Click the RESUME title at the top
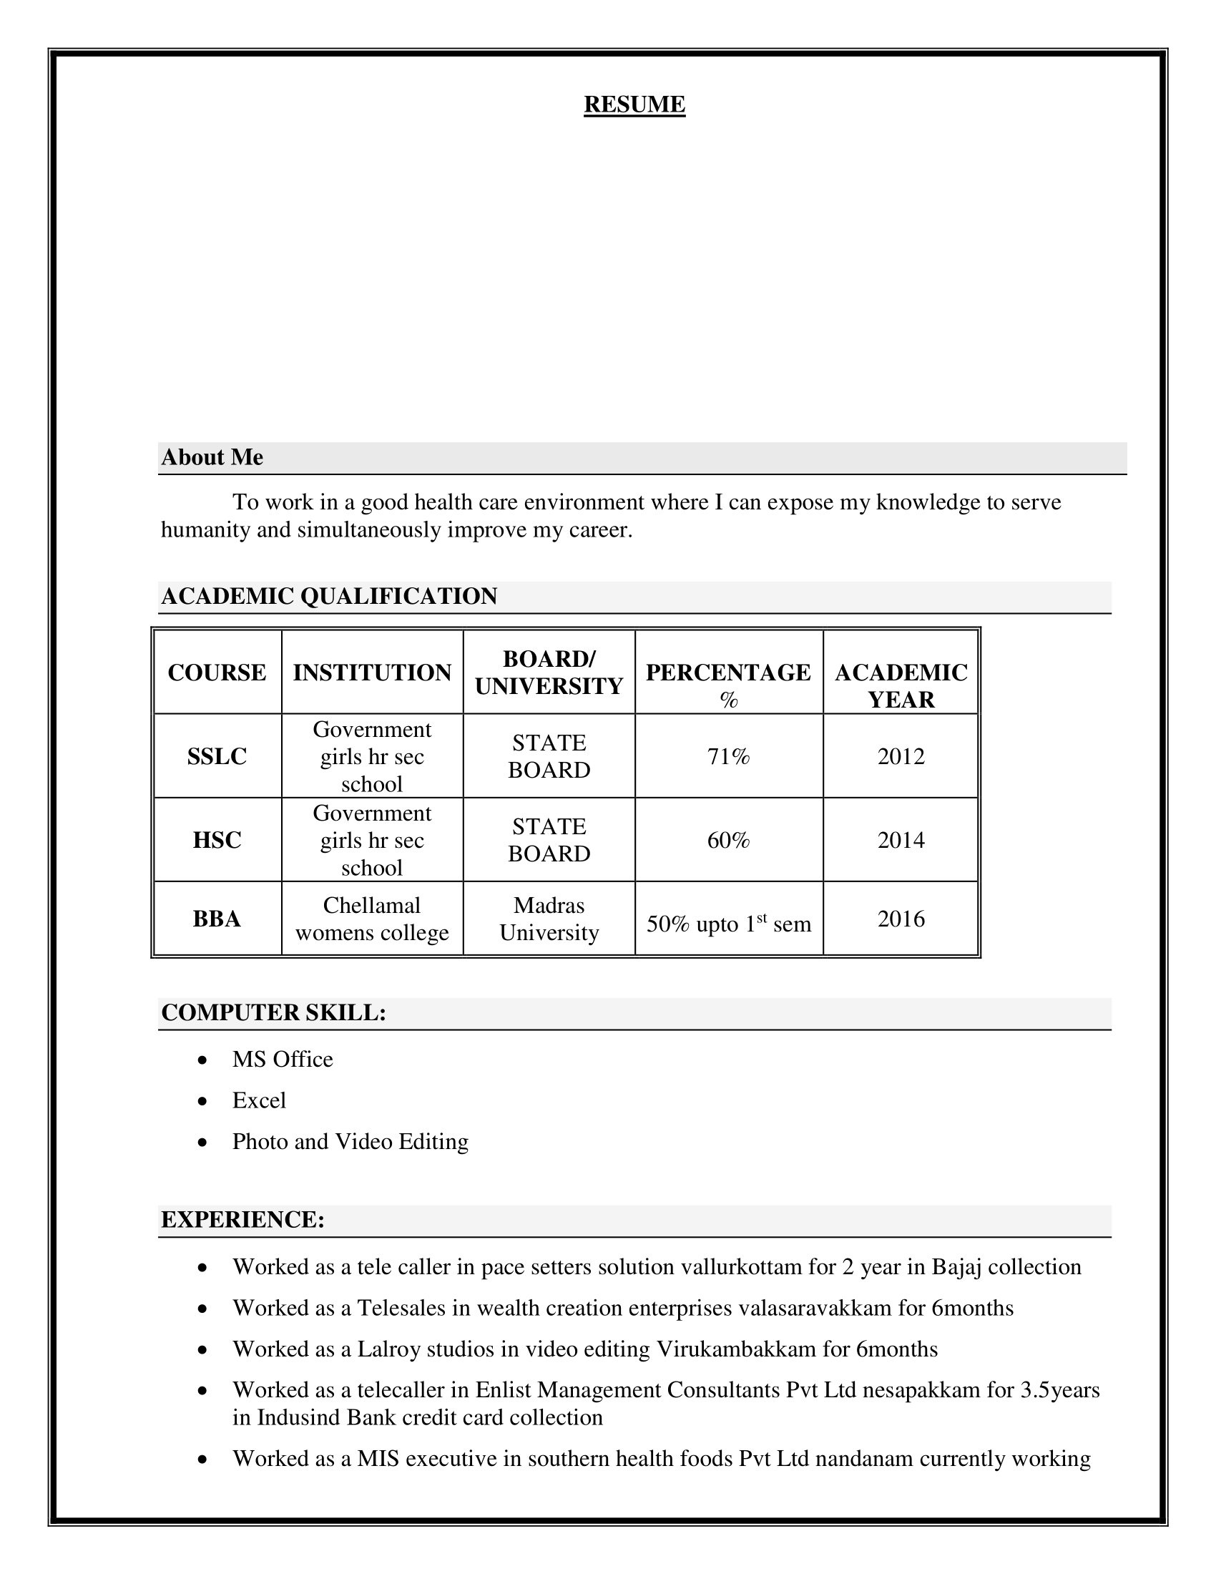(x=634, y=104)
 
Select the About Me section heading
(x=212, y=458)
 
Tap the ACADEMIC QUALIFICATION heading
(x=328, y=597)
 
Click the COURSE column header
(x=217, y=673)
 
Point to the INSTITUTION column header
(x=372, y=673)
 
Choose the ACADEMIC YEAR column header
(x=901, y=685)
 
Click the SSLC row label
(x=217, y=756)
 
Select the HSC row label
(x=217, y=840)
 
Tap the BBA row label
(x=217, y=919)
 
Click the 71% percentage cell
(x=728, y=756)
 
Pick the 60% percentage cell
(x=728, y=840)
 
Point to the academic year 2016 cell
(x=901, y=919)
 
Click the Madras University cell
(x=549, y=919)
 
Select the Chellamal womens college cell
(x=372, y=919)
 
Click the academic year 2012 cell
(x=901, y=756)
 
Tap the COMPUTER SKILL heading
(x=274, y=1012)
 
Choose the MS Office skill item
(x=283, y=1060)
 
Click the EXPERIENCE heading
(x=242, y=1219)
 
